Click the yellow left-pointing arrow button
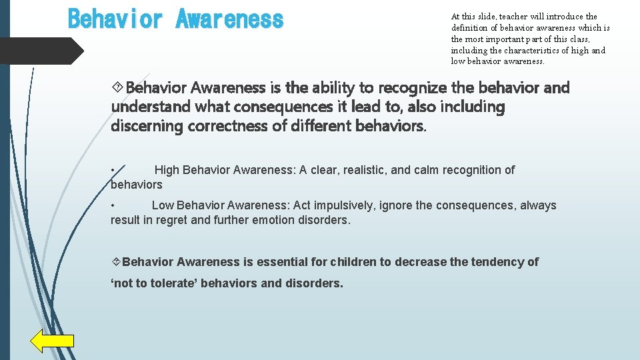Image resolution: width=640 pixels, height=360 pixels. tap(52, 341)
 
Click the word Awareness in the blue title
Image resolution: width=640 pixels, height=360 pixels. tap(229, 19)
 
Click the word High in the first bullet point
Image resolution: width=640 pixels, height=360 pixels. tap(167, 170)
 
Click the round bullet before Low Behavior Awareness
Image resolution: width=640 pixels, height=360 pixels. tap(114, 205)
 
